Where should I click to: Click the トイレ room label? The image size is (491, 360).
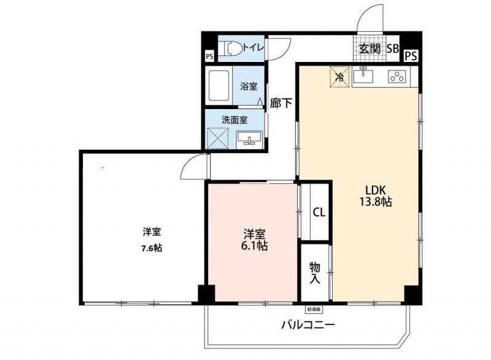coord(253,47)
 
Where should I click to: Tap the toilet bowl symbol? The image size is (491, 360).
coord(231,48)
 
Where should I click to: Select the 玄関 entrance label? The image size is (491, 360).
coord(369,49)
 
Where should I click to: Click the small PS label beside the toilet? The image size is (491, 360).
coord(210,56)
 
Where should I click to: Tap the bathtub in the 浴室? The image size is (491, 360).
coord(219,86)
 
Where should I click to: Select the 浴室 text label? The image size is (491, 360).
coord(249,86)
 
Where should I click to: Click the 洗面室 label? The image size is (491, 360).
coord(234,119)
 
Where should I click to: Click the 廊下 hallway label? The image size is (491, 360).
coord(281,104)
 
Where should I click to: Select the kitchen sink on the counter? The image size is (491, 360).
coord(365,75)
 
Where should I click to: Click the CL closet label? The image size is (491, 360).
coord(319,213)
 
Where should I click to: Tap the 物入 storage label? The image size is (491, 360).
coord(315,273)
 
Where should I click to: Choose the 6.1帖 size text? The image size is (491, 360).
coord(254,245)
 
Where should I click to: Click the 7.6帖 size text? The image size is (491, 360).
coord(152,248)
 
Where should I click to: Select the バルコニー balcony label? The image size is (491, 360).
coord(308,324)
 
